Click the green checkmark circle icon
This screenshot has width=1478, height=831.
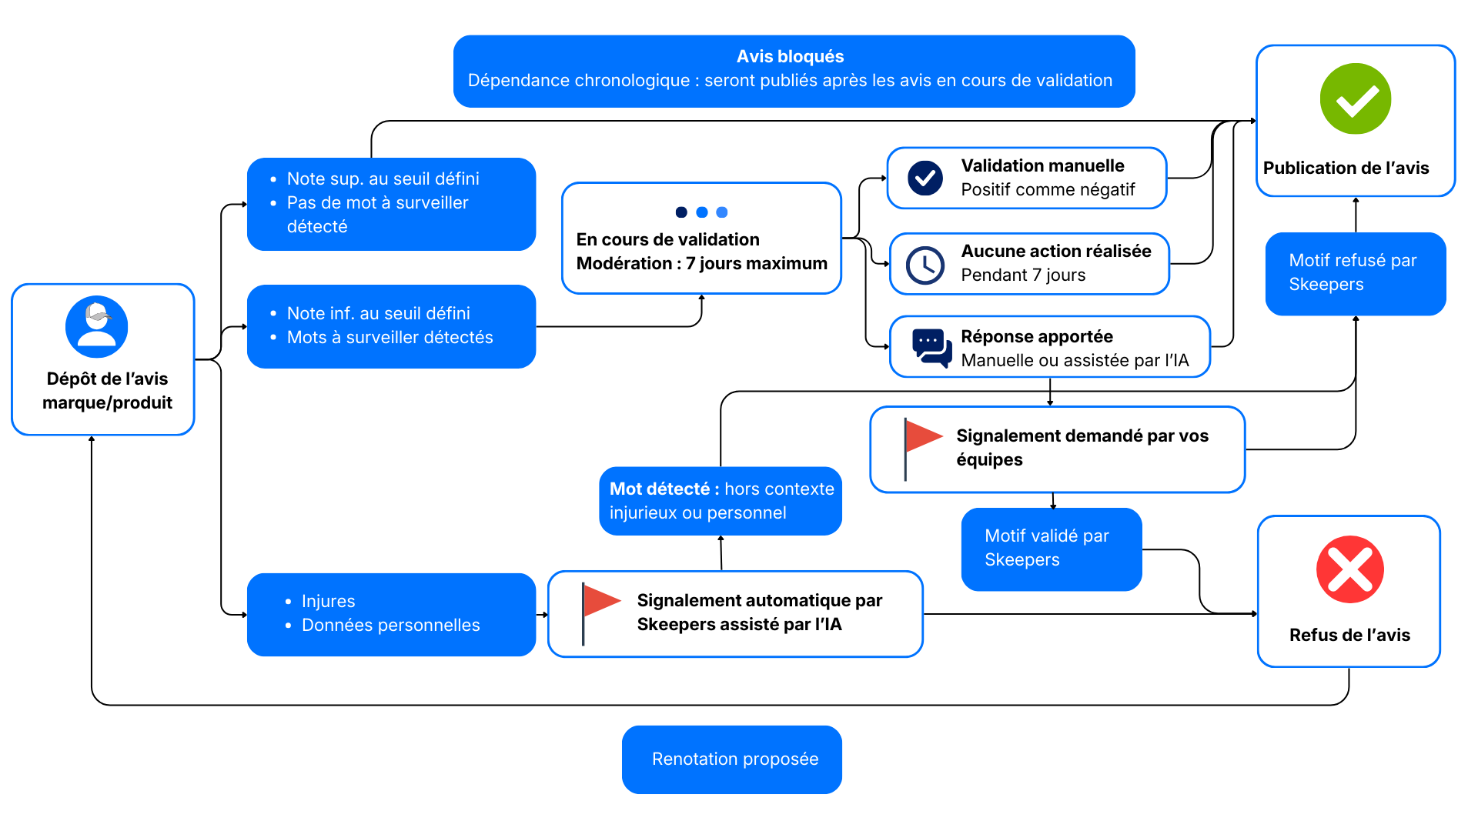coord(1355,99)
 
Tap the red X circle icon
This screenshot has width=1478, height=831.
coord(1349,569)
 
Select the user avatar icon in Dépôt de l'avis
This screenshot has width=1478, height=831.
coord(97,326)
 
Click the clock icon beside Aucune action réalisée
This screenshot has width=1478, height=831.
coord(925,265)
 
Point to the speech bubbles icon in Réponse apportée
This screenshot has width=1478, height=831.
coord(931,348)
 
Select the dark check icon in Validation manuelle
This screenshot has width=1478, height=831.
coord(925,178)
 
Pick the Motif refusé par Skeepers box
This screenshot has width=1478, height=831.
coord(1355,273)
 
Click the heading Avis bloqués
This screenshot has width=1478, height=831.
coord(790,56)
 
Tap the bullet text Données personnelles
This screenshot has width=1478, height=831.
coord(390,625)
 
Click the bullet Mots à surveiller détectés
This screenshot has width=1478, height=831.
coord(390,337)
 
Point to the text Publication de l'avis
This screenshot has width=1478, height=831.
coord(1346,168)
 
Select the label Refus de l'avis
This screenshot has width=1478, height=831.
coord(1349,635)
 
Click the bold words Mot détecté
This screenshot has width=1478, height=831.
coord(659,489)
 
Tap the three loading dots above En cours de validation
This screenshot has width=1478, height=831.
coord(701,212)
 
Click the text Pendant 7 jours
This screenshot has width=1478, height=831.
coord(1023,275)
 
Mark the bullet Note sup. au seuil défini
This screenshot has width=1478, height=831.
coord(383,179)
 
